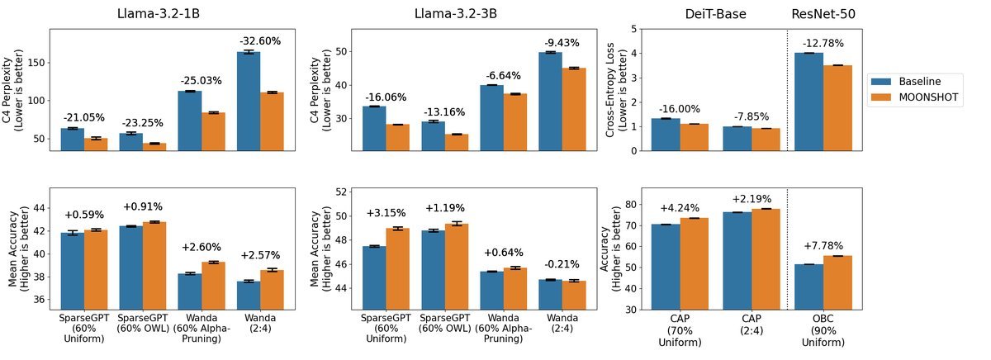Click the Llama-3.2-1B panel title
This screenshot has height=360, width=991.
(x=159, y=14)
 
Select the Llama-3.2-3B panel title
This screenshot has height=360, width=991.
(x=456, y=14)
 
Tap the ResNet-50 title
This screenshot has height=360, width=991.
(x=823, y=14)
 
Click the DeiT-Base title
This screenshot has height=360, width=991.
(x=715, y=14)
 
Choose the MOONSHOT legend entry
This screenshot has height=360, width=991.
(x=914, y=97)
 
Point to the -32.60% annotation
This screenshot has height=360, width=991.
(x=260, y=41)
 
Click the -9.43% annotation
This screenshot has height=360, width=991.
(x=562, y=43)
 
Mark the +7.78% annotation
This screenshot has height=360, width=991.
(x=823, y=246)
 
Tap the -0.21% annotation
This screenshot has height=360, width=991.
(x=562, y=264)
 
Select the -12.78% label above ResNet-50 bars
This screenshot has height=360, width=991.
(x=823, y=43)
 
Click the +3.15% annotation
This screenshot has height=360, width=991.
(x=386, y=213)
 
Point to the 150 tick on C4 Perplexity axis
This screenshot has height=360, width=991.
(x=36, y=63)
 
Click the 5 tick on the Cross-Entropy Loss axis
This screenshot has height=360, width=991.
(x=634, y=29)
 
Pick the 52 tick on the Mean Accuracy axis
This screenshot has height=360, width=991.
(x=341, y=192)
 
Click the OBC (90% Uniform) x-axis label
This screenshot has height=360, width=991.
(x=823, y=330)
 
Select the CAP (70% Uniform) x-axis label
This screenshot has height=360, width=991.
(x=680, y=330)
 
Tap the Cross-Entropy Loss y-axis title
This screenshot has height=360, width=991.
(x=616, y=90)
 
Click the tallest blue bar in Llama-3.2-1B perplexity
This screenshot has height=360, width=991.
(x=249, y=102)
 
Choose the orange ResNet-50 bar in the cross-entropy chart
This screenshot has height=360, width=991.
(x=837, y=108)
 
